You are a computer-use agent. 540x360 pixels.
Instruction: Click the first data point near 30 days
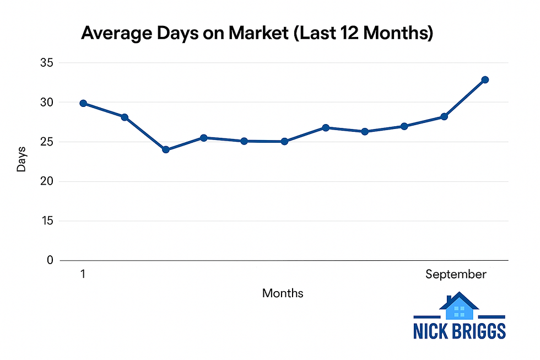(x=83, y=103)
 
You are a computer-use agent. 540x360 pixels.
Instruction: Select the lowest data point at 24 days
(x=165, y=149)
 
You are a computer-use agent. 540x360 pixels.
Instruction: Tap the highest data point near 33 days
(x=485, y=80)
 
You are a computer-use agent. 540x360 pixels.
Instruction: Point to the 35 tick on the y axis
(x=46, y=63)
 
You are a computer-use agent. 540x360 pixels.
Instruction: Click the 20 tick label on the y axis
(x=46, y=181)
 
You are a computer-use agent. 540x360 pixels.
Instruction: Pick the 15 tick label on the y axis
(x=46, y=221)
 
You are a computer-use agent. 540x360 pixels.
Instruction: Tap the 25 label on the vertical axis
(x=46, y=142)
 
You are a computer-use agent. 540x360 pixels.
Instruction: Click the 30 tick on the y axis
(x=46, y=103)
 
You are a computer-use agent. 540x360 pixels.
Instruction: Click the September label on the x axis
(x=456, y=275)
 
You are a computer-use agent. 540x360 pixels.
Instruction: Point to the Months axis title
(x=283, y=293)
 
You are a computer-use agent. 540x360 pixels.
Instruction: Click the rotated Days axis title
(x=21, y=159)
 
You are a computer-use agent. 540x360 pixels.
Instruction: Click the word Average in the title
(x=113, y=34)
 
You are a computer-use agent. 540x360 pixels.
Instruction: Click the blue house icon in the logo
(x=459, y=307)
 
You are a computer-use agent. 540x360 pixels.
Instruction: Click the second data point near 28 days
(x=125, y=117)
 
